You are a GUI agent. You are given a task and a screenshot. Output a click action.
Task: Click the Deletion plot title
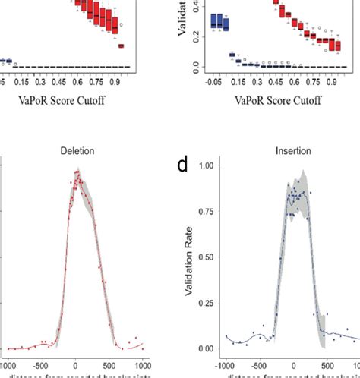tap(77, 151)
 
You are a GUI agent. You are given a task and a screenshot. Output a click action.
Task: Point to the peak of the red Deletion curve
tap(77, 173)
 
